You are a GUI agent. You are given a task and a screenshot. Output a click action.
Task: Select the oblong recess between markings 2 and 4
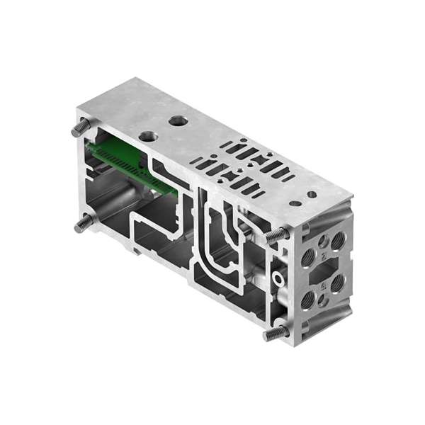tap(323, 271)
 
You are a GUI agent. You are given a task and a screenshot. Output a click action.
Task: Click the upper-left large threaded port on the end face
tap(308, 258)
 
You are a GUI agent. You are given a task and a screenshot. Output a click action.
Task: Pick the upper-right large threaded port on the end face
tap(338, 241)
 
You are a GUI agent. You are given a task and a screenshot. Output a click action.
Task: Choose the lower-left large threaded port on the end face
tap(308, 300)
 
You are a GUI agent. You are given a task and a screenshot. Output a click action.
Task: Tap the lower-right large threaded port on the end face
tap(338, 283)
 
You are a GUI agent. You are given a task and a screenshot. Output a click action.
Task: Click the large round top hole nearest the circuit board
tap(148, 135)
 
